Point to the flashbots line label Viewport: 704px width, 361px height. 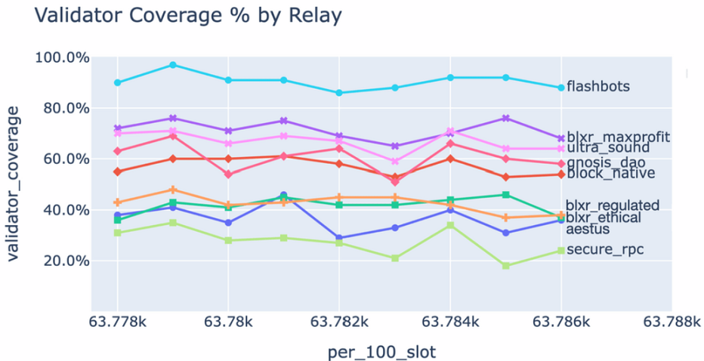pos(597,86)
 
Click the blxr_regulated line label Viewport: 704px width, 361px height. pos(613,205)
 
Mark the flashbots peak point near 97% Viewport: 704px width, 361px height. pos(173,65)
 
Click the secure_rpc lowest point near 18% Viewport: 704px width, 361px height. pos(505,266)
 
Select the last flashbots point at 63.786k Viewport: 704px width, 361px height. pos(560,88)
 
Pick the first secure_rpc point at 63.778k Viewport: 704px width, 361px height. pos(117,233)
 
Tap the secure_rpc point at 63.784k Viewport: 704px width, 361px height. pos(450,225)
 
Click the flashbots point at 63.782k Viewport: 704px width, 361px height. pos(339,93)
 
